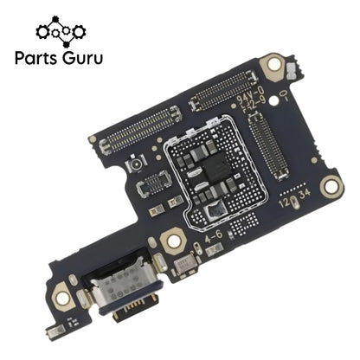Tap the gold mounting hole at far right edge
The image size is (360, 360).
pyautogui.click(x=330, y=184)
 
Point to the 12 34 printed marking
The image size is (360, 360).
pyautogui.click(x=293, y=199)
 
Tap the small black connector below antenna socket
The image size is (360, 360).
pyautogui.click(x=155, y=181)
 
